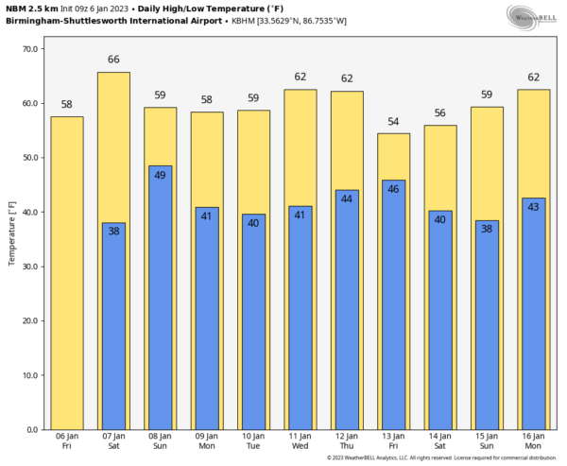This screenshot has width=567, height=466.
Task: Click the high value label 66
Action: click(113, 60)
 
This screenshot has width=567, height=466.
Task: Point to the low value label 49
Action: click(160, 175)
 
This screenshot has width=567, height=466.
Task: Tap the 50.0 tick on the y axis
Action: click(30, 158)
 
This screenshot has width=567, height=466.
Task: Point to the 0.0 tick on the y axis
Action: click(34, 429)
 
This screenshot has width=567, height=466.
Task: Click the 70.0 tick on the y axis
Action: click(30, 49)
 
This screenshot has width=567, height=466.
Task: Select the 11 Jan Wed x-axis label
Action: click(301, 440)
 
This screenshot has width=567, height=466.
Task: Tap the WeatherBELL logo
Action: click(534, 16)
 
